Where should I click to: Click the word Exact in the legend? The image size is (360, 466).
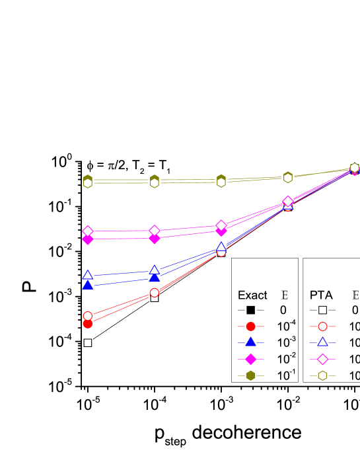point(252,295)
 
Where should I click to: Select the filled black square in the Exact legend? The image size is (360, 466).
point(250,310)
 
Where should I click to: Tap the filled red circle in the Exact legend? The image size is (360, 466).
point(250,327)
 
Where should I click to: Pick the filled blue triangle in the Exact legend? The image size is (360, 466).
point(250,342)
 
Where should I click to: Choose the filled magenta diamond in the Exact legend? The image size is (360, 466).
point(250,359)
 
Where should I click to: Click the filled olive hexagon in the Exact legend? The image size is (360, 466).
point(250,375)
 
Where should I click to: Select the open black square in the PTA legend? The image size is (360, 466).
point(322,310)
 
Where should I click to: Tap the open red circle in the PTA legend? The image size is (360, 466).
point(322,327)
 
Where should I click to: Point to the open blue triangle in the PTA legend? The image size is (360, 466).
point(322,342)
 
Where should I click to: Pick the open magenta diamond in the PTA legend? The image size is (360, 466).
point(322,359)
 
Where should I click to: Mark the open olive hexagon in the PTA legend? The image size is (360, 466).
point(322,375)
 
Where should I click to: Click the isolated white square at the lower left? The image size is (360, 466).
point(87,343)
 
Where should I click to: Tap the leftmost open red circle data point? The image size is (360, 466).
point(87,316)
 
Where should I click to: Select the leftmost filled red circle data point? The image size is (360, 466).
point(87,323)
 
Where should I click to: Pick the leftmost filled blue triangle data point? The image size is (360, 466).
point(87,285)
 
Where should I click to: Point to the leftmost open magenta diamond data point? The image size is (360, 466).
point(87,231)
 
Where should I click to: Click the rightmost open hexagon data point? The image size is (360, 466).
point(354,167)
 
